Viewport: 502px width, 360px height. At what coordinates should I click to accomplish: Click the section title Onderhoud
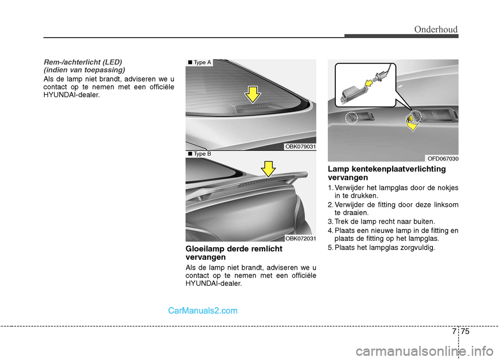click(436, 30)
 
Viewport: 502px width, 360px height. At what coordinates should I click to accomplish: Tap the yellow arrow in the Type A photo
click(253, 94)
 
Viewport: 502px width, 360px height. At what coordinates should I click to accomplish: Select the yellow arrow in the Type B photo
click(268, 169)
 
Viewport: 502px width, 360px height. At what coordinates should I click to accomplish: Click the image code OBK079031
click(300, 147)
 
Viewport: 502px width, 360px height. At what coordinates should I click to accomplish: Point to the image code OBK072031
click(300, 238)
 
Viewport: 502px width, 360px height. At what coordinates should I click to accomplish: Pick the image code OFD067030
click(442, 158)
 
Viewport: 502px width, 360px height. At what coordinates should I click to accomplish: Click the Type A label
click(199, 63)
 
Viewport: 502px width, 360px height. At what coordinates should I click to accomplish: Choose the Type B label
click(199, 154)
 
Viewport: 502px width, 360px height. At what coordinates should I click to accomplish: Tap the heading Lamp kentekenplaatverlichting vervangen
click(386, 173)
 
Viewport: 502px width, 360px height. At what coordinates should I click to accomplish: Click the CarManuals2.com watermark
click(203, 310)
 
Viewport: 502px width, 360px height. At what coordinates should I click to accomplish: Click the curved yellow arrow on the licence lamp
click(412, 123)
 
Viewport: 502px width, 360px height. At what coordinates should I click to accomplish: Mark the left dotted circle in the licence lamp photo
click(351, 119)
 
